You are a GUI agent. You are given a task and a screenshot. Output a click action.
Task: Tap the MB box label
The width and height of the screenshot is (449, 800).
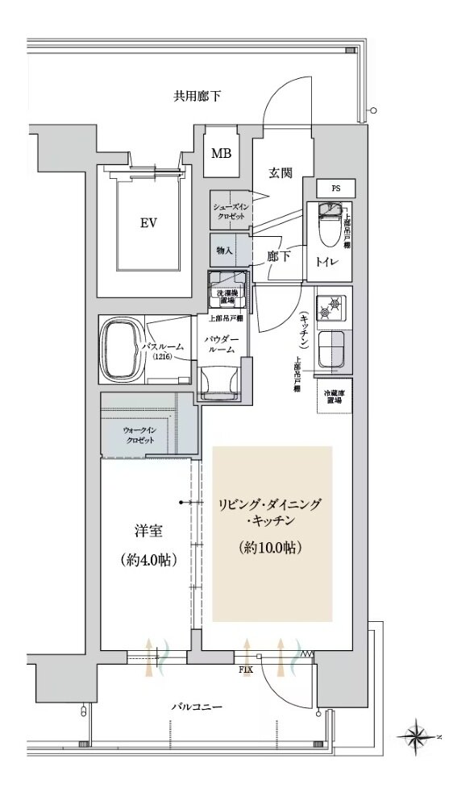(x=222, y=153)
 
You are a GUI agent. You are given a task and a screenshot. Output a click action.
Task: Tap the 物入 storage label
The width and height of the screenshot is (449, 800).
(x=224, y=251)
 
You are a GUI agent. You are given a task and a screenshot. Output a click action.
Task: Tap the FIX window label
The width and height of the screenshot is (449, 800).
(x=246, y=669)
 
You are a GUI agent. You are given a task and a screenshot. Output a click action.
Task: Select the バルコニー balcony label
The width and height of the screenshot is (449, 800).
(x=197, y=707)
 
